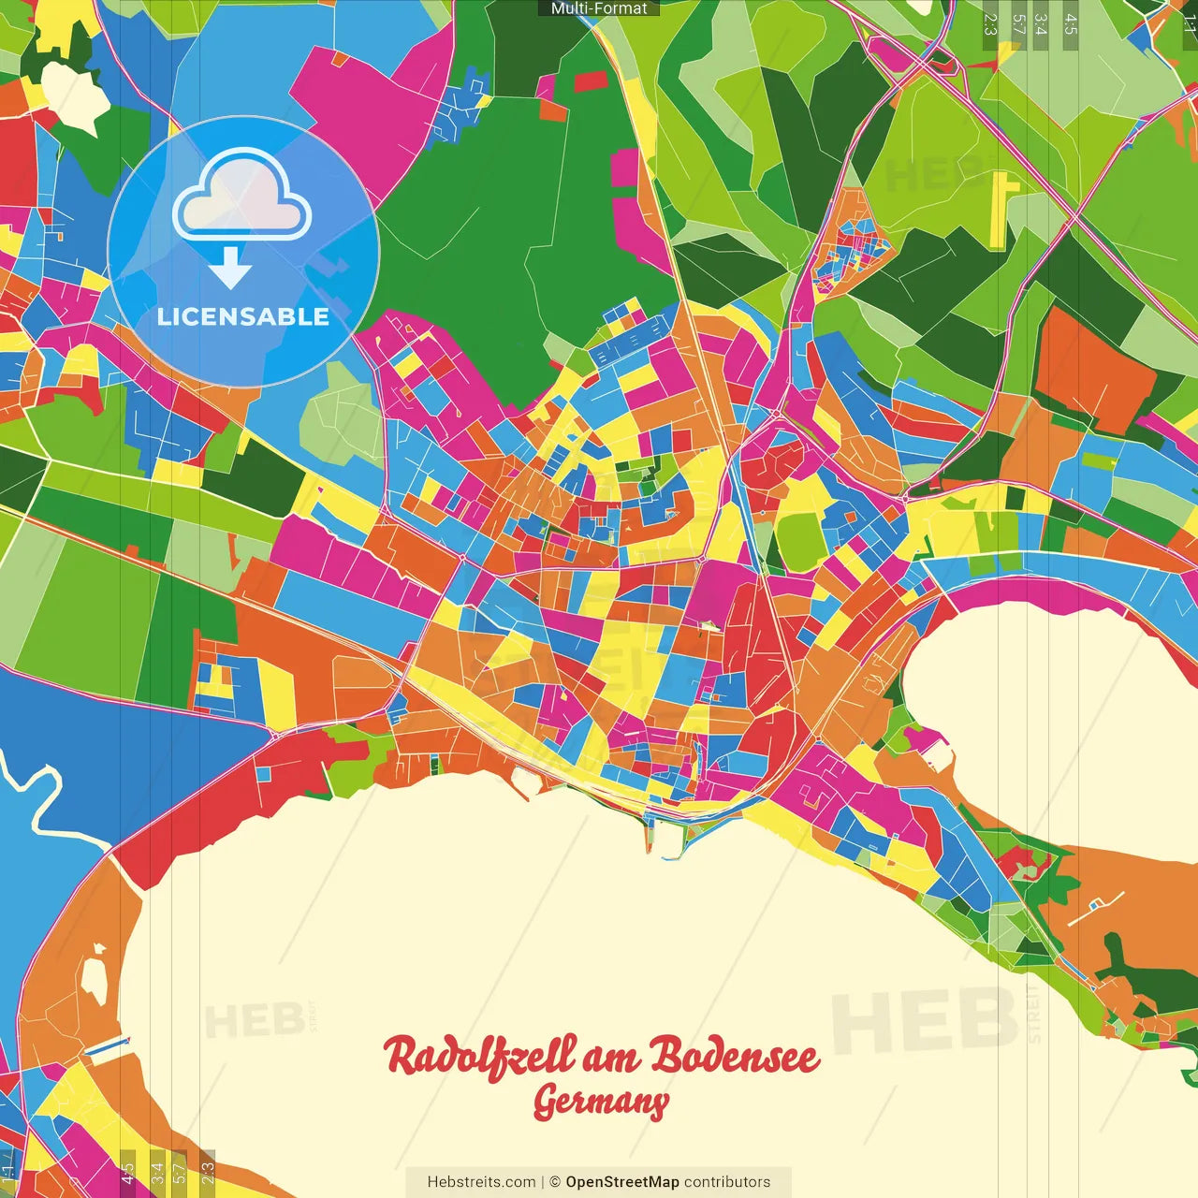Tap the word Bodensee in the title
[x=735, y=1056]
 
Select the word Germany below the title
[x=600, y=1103]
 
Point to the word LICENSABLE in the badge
[x=243, y=316]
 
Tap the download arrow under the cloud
[x=230, y=269]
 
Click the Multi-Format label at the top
[x=599, y=8]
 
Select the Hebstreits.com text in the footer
[x=481, y=1182]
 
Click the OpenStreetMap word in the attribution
[x=621, y=1182]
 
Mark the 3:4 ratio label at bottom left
[x=157, y=1172]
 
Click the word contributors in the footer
[x=727, y=1182]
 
